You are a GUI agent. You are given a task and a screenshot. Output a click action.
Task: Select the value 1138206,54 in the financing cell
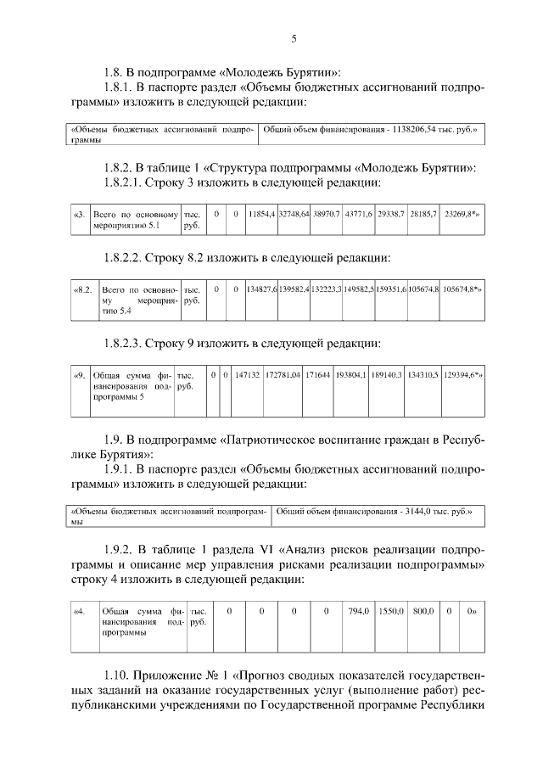[x=416, y=131]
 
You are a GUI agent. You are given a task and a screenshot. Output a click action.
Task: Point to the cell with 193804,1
[x=350, y=374]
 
